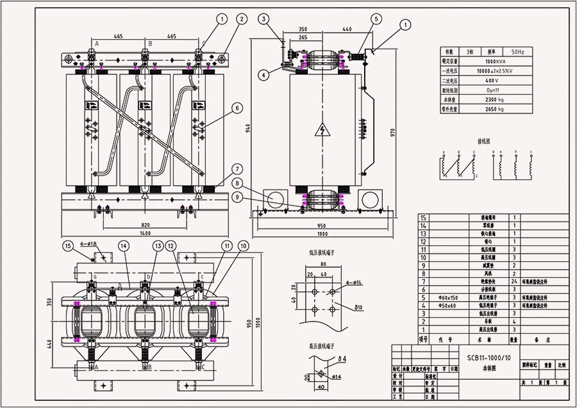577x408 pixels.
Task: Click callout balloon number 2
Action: tap(241, 19)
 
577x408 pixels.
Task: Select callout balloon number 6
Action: tap(237, 109)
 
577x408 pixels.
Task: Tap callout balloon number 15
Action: tap(68, 245)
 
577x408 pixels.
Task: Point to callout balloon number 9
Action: tap(237, 198)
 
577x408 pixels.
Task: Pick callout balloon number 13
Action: tap(158, 245)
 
